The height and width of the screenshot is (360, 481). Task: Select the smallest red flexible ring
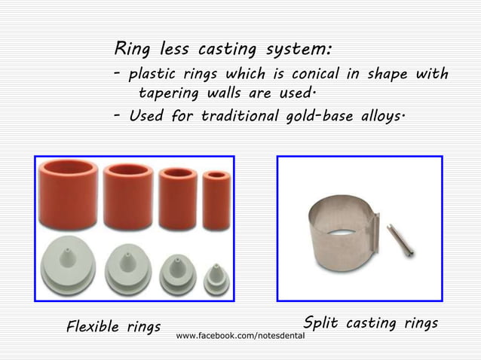216,200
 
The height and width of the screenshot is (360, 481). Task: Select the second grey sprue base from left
127,266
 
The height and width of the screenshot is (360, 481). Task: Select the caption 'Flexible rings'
113,327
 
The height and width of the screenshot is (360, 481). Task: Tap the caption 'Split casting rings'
369,323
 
